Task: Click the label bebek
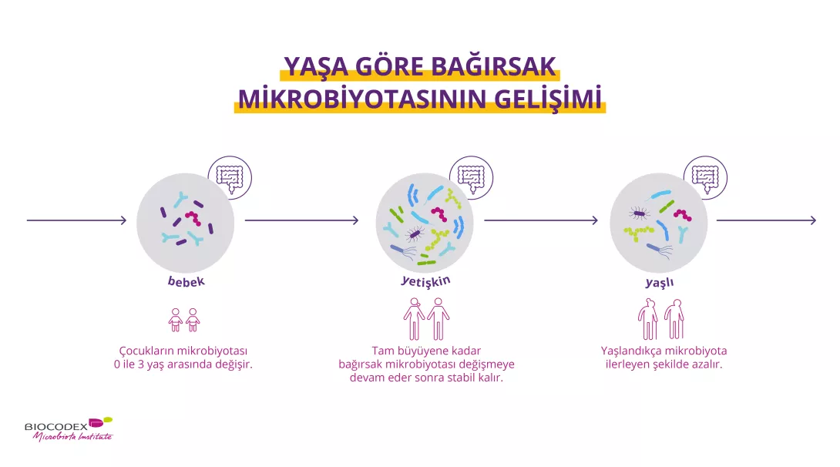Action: point(186,281)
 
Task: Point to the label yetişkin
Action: point(426,281)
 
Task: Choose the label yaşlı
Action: point(660,282)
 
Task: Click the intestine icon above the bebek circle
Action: point(230,178)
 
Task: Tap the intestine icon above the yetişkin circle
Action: point(472,178)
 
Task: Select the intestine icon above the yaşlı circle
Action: point(706,178)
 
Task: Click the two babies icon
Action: point(183,320)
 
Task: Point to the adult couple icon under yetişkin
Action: point(426,319)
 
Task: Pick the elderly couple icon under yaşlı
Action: point(660,319)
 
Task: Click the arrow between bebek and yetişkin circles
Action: point(301,220)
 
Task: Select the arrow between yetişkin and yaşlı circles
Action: point(541,220)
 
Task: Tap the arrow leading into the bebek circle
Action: point(76,220)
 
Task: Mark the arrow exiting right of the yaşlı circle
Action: point(767,220)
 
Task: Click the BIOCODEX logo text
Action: point(55,427)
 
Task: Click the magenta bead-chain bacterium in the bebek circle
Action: point(193,218)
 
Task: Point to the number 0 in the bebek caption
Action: point(117,365)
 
